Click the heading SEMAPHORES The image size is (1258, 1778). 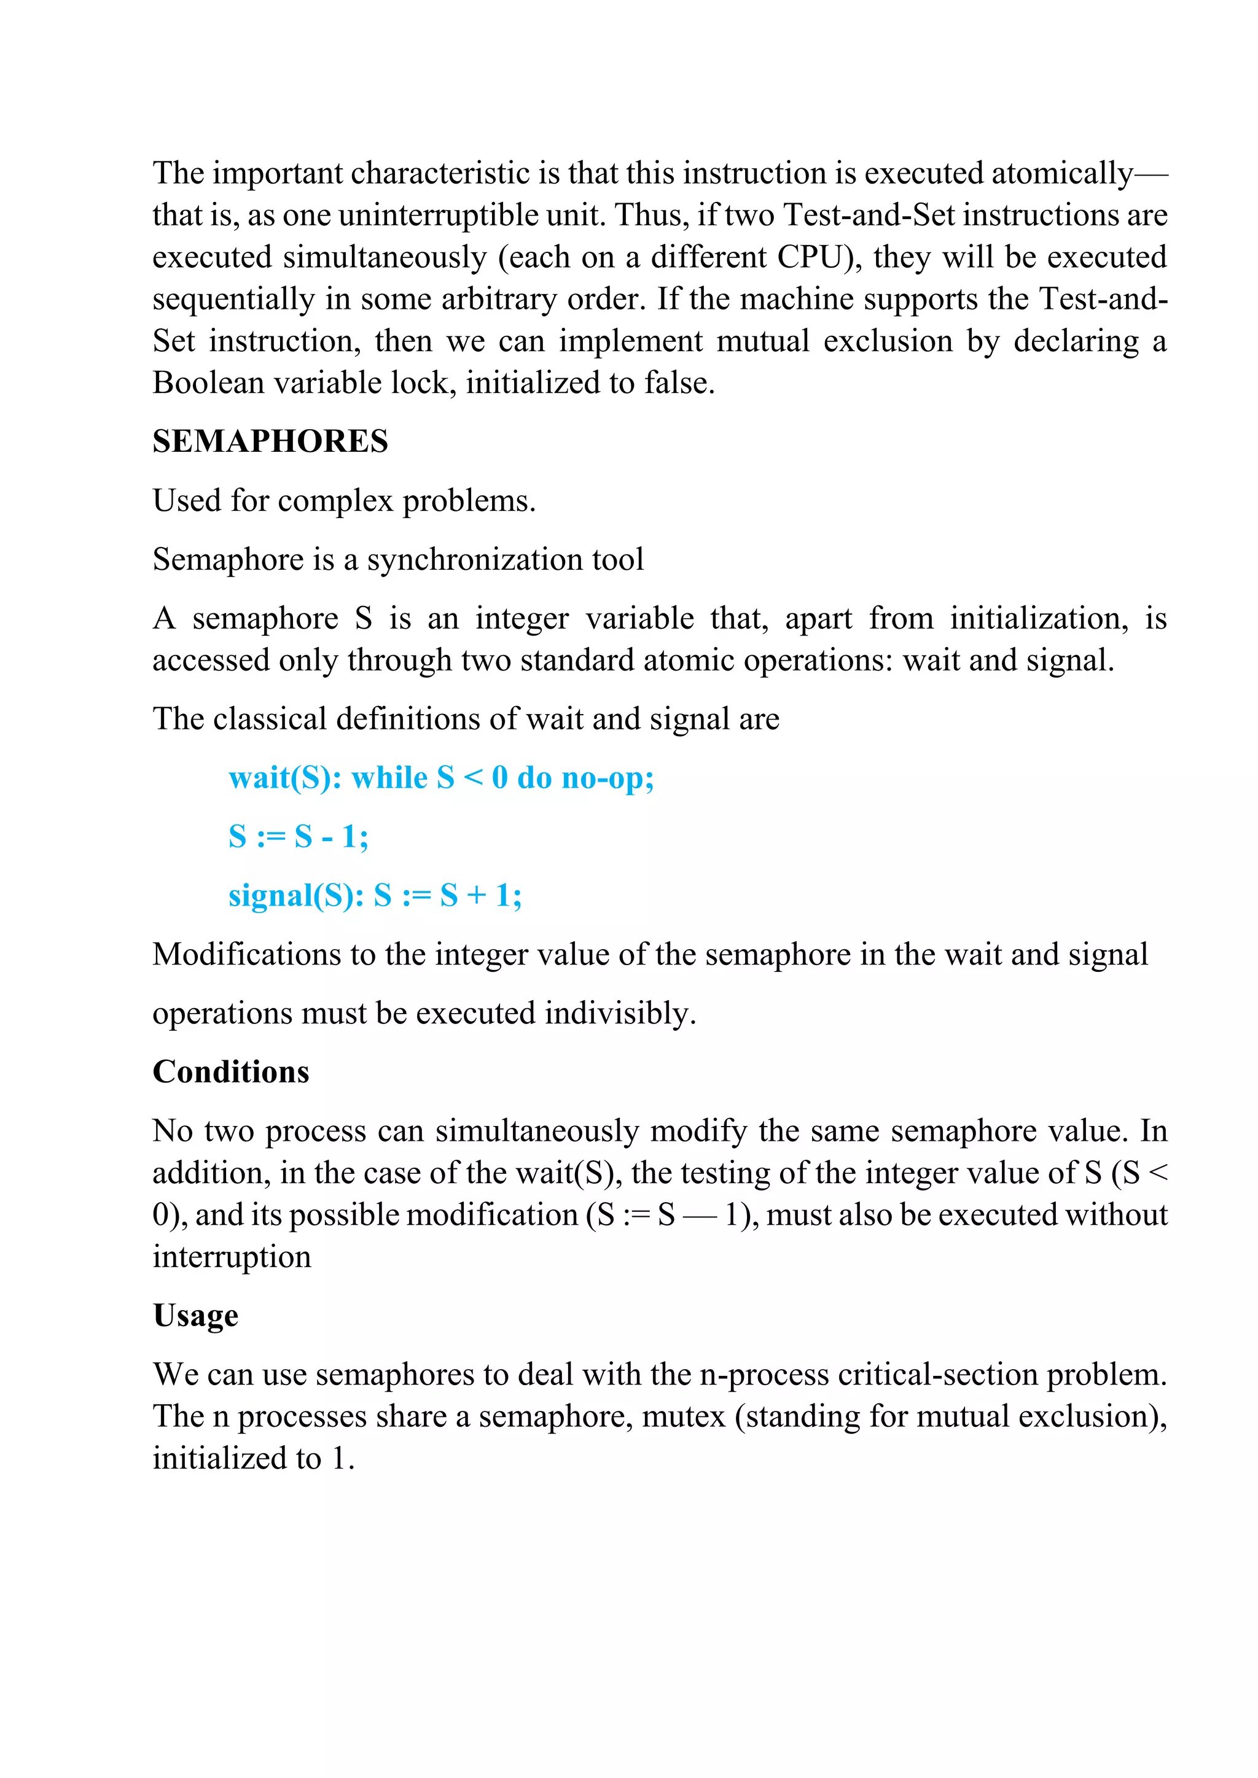pos(270,441)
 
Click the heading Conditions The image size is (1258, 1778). pos(231,1072)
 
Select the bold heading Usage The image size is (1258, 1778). pos(195,1316)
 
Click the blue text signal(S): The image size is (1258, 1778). pos(296,896)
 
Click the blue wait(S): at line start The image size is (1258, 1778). pos(285,777)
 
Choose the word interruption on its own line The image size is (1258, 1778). pos(232,1257)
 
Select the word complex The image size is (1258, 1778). pos(335,501)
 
